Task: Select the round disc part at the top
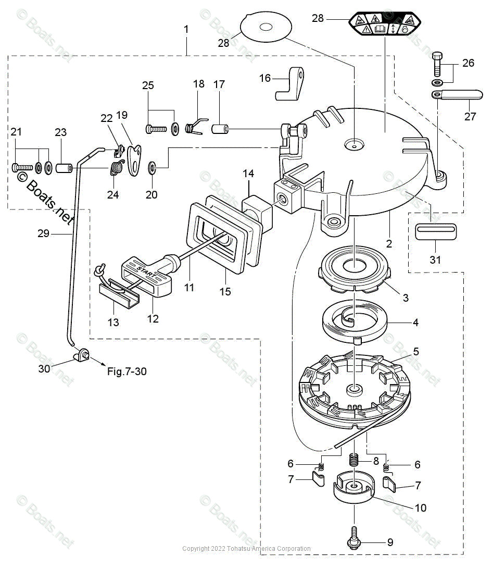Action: tap(266, 28)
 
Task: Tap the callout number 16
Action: tap(265, 78)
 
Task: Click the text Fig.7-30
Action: tap(127, 372)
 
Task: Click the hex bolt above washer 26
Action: tap(438, 64)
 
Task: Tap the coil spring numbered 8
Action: tap(355, 461)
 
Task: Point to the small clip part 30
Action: tap(82, 356)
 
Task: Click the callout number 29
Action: tap(43, 233)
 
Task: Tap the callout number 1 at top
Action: tap(186, 30)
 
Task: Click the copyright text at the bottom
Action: tap(246, 549)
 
